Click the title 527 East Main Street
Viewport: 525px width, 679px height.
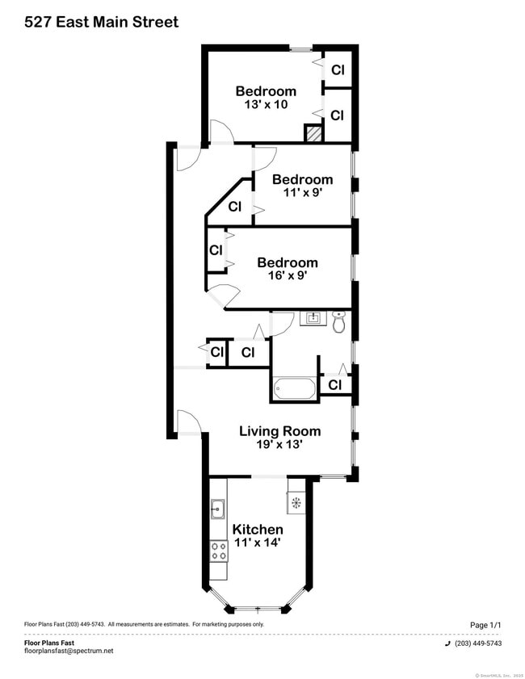click(101, 23)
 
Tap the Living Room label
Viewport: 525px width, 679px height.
click(279, 431)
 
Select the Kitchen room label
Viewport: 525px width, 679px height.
click(258, 530)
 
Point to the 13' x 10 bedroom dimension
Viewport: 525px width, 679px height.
click(266, 104)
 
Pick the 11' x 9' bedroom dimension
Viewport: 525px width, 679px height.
click(302, 192)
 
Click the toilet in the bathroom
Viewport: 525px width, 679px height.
click(339, 321)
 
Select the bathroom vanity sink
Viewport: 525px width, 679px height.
click(312, 317)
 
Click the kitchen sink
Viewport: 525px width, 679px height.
click(218, 509)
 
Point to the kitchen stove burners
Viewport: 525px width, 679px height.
click(218, 551)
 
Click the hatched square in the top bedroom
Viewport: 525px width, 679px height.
click(313, 134)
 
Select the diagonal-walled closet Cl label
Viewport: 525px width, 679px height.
click(234, 207)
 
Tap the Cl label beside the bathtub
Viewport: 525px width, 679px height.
click(334, 385)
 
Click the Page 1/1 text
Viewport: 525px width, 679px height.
click(485, 625)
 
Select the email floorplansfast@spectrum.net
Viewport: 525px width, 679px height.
click(69, 651)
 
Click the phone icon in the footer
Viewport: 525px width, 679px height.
click(447, 643)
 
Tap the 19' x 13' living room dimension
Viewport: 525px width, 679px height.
click(279, 445)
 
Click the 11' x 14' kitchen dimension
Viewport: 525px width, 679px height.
click(258, 543)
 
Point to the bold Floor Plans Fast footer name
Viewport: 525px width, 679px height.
click(49, 643)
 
